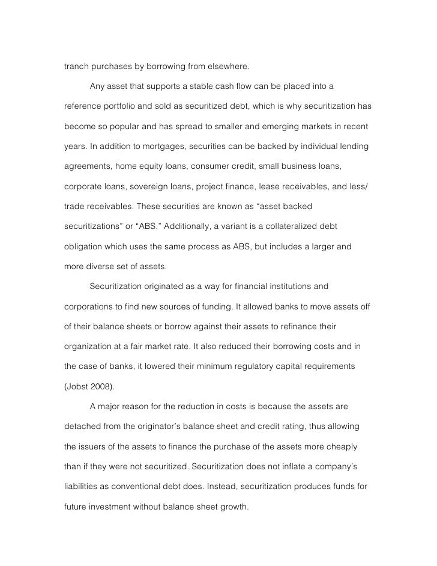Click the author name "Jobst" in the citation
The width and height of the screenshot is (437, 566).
pos(78,386)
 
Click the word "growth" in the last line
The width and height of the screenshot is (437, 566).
pos(233,507)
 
